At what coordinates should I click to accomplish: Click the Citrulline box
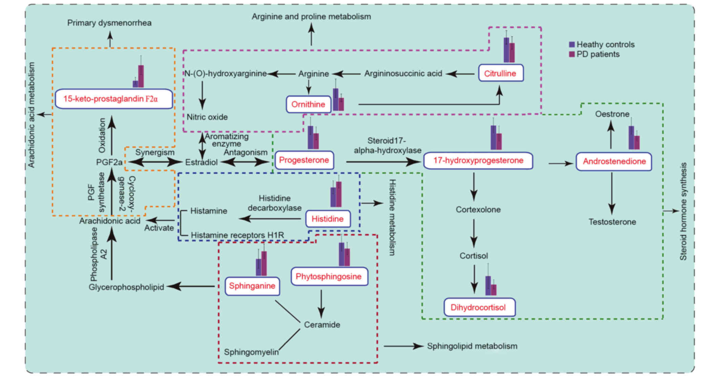point(501,73)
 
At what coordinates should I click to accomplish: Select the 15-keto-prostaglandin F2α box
point(114,99)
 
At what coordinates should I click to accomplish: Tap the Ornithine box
point(308,104)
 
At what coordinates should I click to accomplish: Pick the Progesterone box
point(304,160)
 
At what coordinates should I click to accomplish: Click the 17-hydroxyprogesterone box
point(478,161)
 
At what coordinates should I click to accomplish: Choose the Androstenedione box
point(614,162)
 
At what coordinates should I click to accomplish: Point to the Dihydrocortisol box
point(479,307)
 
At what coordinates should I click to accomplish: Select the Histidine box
point(327,219)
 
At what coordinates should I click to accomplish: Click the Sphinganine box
point(252,286)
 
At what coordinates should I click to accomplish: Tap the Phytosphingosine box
point(329,277)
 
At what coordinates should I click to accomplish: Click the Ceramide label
point(322,325)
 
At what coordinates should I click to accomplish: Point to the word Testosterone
point(612,222)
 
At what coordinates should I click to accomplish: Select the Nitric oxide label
point(207,117)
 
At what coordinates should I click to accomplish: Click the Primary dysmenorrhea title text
point(109,23)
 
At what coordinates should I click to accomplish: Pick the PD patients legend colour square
point(572,54)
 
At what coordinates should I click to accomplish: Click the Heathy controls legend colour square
point(572,45)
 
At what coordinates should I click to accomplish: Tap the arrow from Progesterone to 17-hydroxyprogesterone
point(383,162)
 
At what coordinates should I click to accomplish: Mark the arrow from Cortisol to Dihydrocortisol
point(474,279)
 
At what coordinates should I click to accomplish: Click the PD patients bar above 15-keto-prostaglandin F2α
point(141,76)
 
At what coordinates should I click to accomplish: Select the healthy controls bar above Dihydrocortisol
point(488,286)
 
